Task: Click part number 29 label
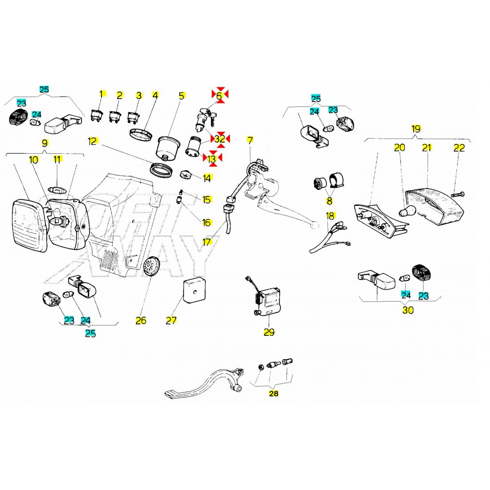click(269, 332)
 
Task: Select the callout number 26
click(141, 320)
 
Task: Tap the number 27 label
click(171, 320)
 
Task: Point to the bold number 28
click(274, 394)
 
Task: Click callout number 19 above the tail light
click(416, 129)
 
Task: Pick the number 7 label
click(250, 140)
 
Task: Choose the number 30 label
click(408, 310)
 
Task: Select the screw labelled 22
click(457, 194)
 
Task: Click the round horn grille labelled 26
click(153, 266)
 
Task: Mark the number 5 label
click(181, 95)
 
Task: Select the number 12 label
click(93, 142)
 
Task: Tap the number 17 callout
click(207, 242)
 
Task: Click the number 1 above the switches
click(102, 94)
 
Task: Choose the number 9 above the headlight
click(45, 143)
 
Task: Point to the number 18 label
click(330, 216)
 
